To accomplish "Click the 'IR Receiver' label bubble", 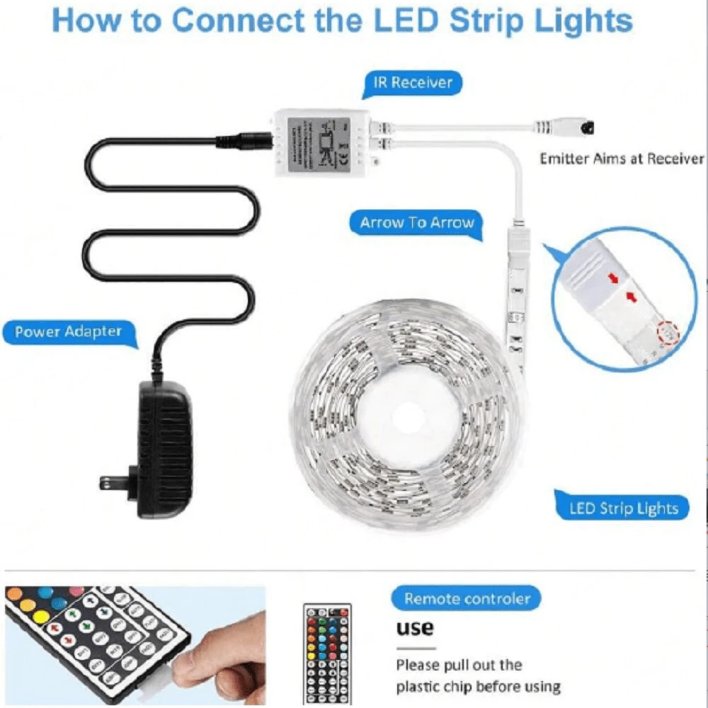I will tap(413, 83).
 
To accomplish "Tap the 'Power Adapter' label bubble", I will tap(69, 331).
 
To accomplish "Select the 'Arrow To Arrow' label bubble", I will tap(416, 223).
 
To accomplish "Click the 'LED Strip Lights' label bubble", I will tap(623, 508).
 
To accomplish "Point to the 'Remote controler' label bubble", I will tap(467, 599).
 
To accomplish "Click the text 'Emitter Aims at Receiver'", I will tap(622, 159).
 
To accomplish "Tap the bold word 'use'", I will tap(414, 627).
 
